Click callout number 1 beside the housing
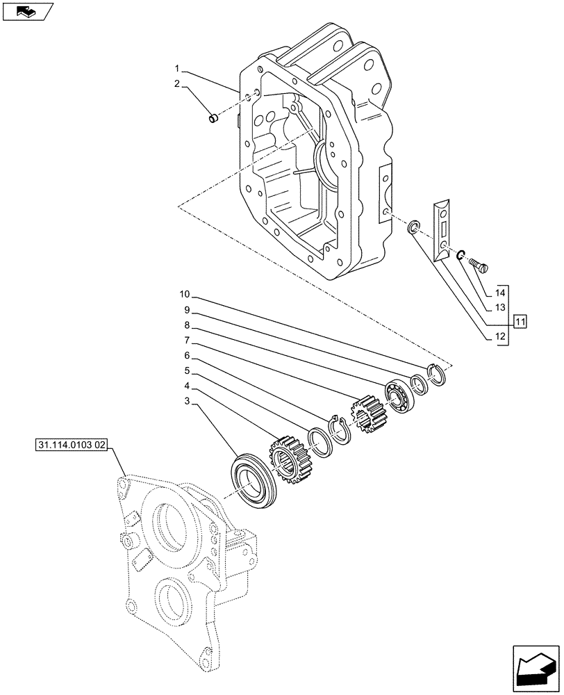point(178,69)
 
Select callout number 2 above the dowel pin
point(178,84)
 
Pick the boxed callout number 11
point(520,321)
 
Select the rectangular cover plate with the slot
point(441,229)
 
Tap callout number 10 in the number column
point(183,294)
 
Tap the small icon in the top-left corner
point(28,11)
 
